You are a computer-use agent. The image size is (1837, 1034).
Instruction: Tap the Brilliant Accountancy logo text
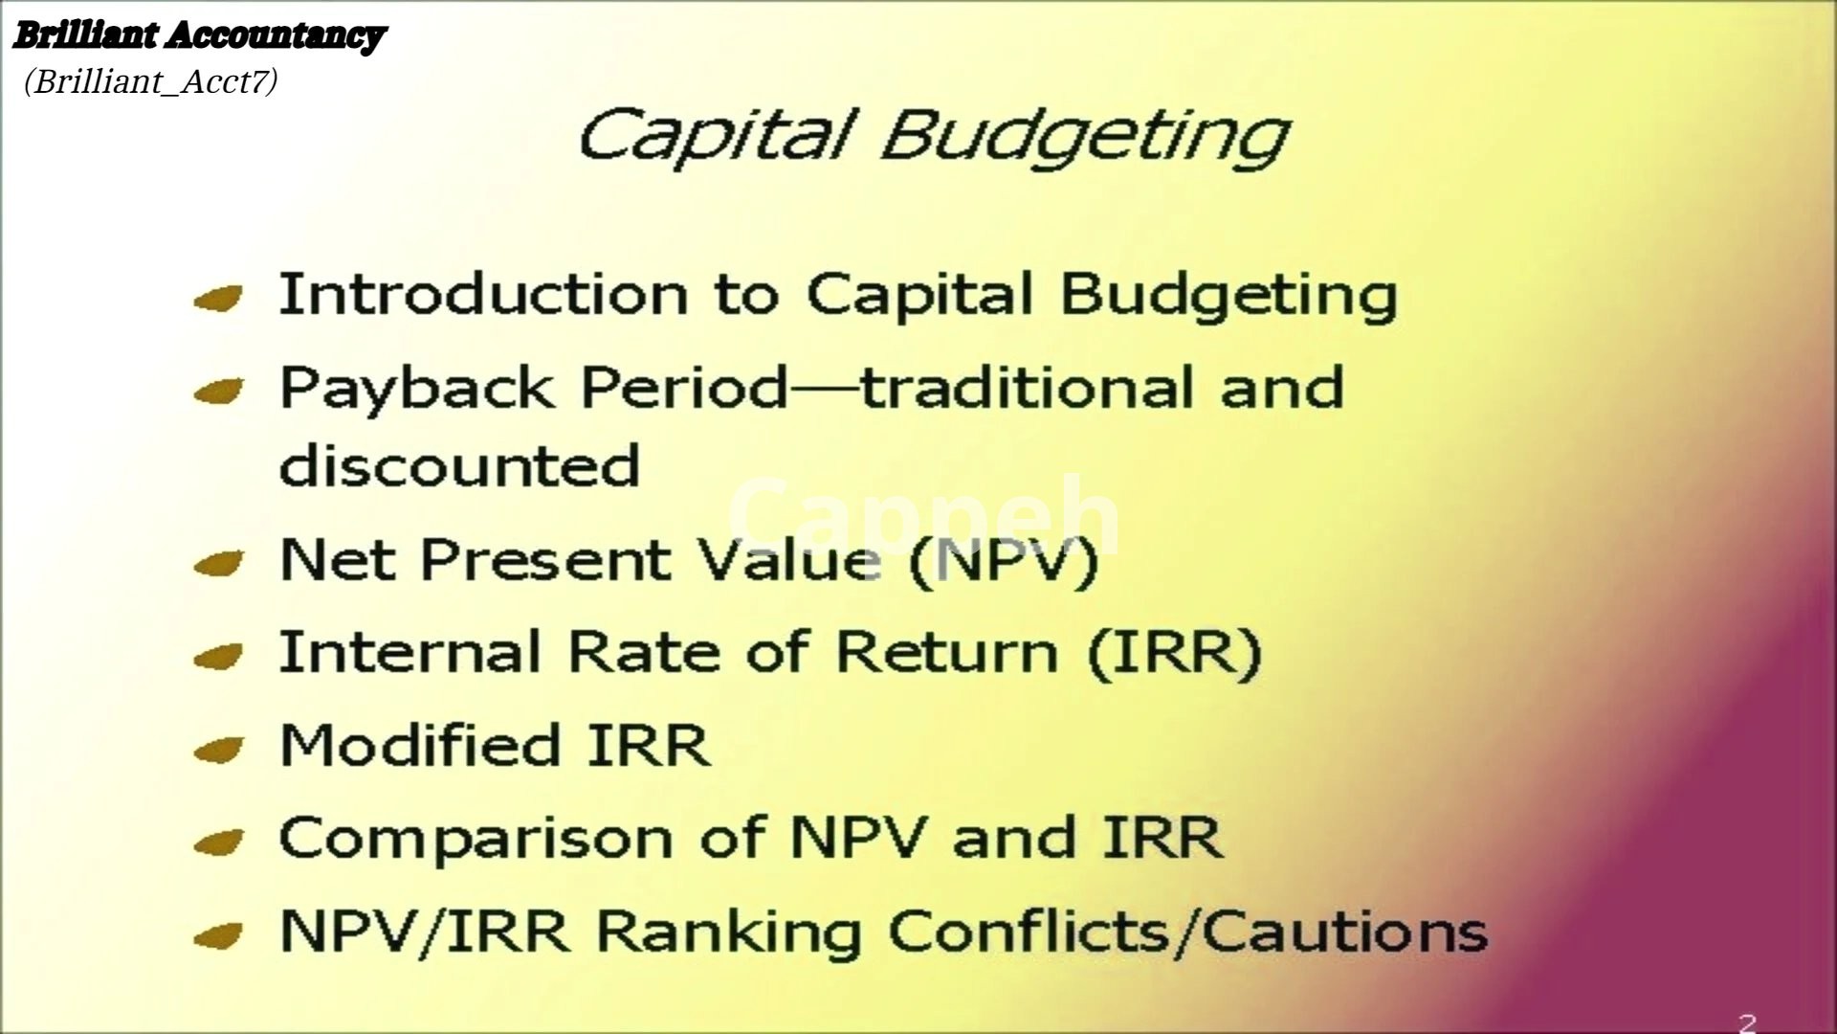tap(198, 36)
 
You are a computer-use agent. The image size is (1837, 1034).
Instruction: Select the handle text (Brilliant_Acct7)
tap(151, 82)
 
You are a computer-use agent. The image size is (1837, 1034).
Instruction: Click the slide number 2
tap(1747, 1023)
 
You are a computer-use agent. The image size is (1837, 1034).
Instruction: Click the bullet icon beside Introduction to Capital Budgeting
tap(218, 300)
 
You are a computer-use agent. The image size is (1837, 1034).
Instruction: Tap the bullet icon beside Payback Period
tap(218, 393)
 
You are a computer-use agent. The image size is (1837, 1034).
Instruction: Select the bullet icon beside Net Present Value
tap(218, 564)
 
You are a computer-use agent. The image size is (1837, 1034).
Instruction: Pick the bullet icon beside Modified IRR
tap(218, 750)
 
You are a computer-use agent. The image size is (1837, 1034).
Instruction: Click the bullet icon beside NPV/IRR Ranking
tap(218, 935)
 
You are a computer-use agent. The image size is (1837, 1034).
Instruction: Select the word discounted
tap(459, 464)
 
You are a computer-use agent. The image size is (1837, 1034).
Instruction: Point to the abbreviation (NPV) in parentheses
tap(1003, 561)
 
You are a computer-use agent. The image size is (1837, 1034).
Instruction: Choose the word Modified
tap(419, 745)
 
